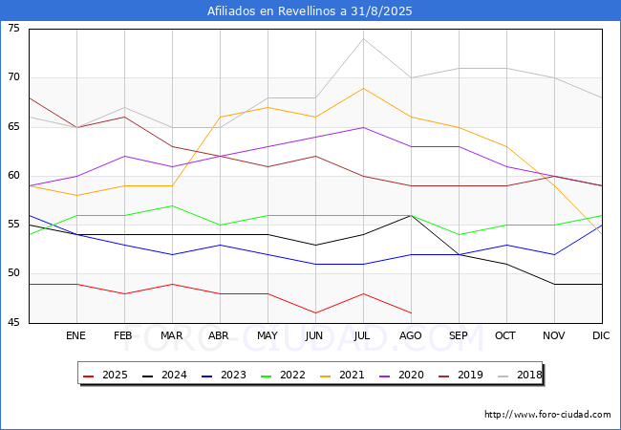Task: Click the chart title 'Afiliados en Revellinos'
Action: click(x=310, y=11)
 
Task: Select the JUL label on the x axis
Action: click(x=362, y=336)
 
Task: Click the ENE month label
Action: click(x=76, y=336)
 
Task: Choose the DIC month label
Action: click(x=601, y=336)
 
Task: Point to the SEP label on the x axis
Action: click(x=459, y=336)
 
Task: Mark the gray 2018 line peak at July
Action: click(x=363, y=38)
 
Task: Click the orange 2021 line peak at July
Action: click(x=363, y=88)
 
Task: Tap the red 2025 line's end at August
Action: click(x=411, y=312)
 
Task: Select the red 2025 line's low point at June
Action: click(x=315, y=312)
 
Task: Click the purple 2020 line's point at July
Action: click(x=363, y=127)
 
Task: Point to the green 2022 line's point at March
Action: click(x=172, y=205)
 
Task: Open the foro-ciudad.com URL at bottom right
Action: click(x=547, y=415)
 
